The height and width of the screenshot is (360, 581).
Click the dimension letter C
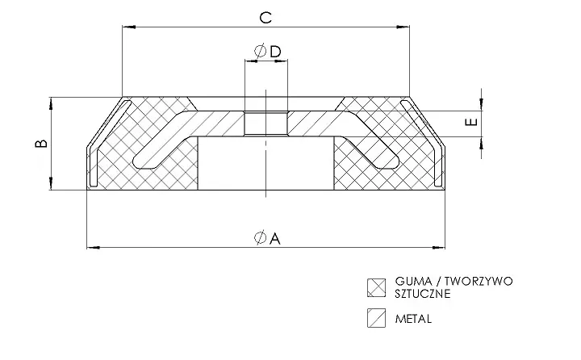[265, 18]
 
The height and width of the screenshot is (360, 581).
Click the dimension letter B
[41, 144]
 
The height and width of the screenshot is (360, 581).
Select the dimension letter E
[472, 122]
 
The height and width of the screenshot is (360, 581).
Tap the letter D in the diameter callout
[276, 52]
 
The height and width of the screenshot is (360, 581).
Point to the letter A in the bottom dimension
[275, 238]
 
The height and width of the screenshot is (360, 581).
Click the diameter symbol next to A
[261, 237]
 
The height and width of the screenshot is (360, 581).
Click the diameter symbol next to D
[261, 51]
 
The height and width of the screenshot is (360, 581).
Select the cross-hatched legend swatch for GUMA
[377, 287]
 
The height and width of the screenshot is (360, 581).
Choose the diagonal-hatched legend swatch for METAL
[377, 318]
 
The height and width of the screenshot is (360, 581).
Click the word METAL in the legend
[413, 319]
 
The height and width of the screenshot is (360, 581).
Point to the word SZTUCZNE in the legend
[423, 294]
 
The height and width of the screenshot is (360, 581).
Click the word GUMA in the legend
[411, 282]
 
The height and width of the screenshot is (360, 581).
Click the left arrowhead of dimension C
[128, 27]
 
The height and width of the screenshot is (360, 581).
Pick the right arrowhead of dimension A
[439, 247]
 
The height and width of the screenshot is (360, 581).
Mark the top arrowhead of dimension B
[51, 103]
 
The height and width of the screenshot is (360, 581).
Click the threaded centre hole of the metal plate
[265, 123]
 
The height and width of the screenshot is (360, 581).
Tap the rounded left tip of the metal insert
[136, 161]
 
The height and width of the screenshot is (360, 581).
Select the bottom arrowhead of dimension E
[481, 143]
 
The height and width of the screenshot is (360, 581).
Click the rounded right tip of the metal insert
[395, 161]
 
